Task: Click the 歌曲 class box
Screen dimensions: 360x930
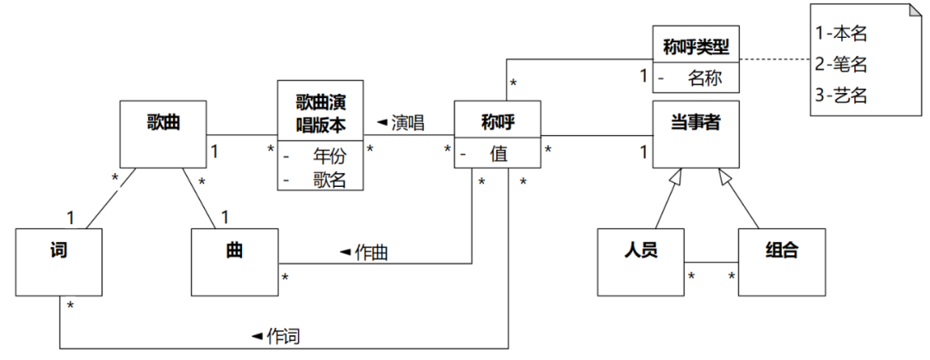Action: coord(163,134)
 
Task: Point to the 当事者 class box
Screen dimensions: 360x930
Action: coord(696,134)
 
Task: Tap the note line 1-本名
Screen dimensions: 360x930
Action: coord(840,34)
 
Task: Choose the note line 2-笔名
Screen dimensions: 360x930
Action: coord(840,64)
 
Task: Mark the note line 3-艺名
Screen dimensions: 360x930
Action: coord(840,95)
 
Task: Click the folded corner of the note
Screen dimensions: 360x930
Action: coord(909,14)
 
